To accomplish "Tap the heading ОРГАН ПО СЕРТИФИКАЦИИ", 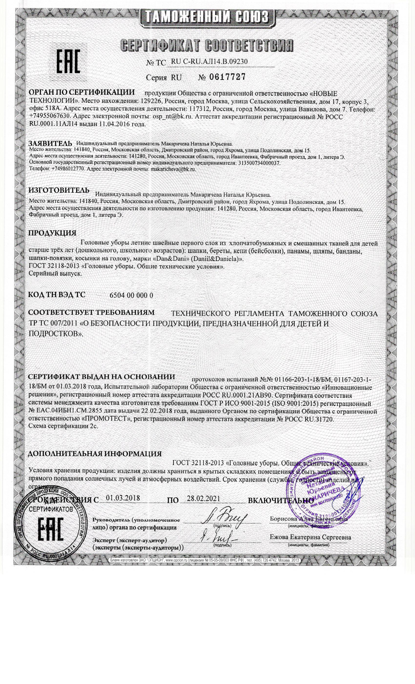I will tap(82, 92).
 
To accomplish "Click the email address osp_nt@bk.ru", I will tap(173, 117).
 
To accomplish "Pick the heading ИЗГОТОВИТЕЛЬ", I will tap(59, 191).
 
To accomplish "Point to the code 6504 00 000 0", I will tap(132, 295).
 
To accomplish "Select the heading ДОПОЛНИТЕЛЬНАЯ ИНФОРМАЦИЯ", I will tap(95, 454).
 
